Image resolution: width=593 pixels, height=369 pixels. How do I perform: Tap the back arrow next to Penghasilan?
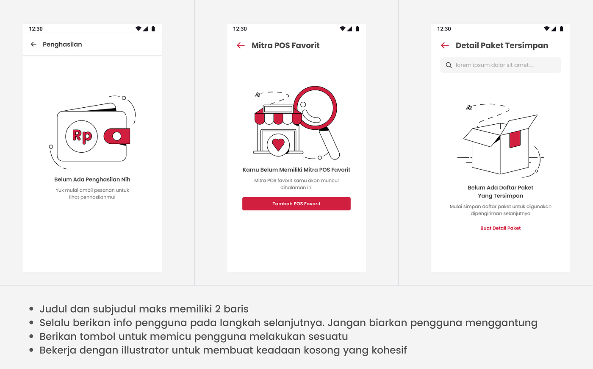33,44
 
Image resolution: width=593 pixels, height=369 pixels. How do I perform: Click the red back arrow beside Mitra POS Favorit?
241,45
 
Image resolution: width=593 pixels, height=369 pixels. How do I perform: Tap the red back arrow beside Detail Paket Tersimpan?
445,45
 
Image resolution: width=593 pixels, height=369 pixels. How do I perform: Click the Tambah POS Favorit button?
296,204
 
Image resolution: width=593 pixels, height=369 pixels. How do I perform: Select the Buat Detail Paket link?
500,228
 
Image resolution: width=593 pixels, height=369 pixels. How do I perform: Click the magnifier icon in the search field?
449,65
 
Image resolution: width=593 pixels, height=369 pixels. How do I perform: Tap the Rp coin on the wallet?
82,136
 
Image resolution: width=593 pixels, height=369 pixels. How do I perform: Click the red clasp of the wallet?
117,136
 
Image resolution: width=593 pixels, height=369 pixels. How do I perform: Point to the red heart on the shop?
278,144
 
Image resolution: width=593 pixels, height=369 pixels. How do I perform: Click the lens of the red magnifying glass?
315,108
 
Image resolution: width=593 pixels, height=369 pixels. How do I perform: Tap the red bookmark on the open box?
515,139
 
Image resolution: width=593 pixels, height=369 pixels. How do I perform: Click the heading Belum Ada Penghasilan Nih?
92,179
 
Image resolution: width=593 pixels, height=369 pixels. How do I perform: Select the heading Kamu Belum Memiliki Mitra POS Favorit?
296,170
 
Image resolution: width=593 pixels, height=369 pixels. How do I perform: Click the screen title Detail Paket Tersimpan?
502,45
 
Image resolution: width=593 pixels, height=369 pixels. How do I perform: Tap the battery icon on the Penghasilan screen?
153,29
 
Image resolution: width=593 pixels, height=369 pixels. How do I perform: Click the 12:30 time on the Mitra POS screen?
240,29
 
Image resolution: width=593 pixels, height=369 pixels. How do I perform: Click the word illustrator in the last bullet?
146,350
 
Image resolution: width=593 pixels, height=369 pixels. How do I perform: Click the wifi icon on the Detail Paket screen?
547,29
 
